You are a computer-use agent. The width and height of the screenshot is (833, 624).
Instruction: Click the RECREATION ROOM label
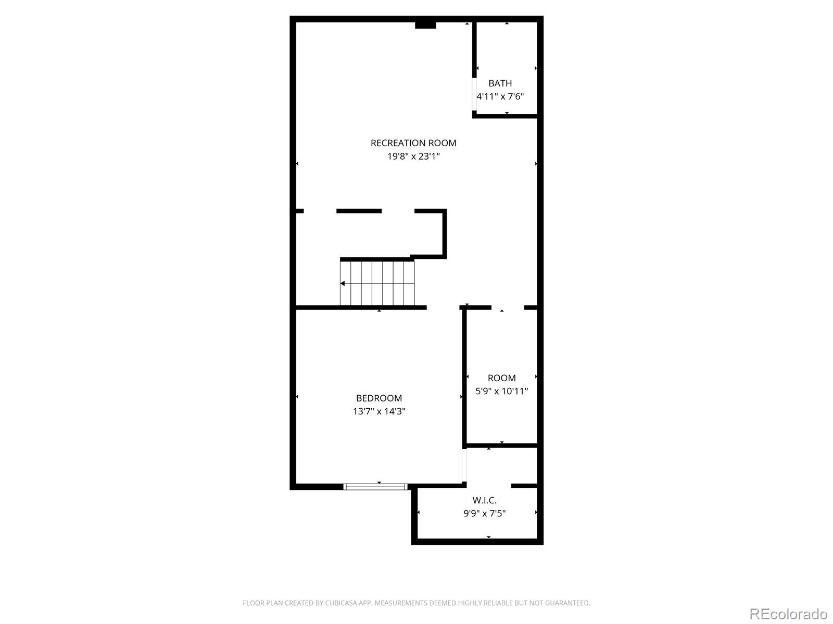pyautogui.click(x=413, y=143)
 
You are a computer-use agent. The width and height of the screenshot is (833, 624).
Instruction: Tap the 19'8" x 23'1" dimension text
pyautogui.click(x=413, y=156)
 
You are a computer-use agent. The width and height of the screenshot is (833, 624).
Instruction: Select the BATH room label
pyautogui.click(x=500, y=83)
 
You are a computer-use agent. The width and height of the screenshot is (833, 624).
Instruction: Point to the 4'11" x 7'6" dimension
pyautogui.click(x=500, y=96)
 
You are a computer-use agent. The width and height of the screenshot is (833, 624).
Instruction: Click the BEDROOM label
pyautogui.click(x=378, y=398)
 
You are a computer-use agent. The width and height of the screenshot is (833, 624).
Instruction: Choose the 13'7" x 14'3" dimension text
pyautogui.click(x=378, y=411)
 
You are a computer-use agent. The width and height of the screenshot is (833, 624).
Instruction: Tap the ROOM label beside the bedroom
pyautogui.click(x=501, y=378)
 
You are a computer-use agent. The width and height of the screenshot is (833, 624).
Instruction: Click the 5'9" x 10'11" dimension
pyautogui.click(x=501, y=391)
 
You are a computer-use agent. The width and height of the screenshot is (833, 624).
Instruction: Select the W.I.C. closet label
pyautogui.click(x=484, y=500)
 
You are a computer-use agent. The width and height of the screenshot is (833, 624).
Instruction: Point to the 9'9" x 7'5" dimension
pyautogui.click(x=484, y=513)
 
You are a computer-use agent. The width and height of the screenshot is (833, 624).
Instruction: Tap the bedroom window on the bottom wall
pyautogui.click(x=375, y=487)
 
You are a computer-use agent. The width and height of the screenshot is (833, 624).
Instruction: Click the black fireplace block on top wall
pyautogui.click(x=425, y=25)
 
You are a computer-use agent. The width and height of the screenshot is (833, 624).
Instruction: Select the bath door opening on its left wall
pyautogui.click(x=474, y=94)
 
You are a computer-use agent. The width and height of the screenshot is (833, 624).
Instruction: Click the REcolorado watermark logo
pyautogui.click(x=788, y=614)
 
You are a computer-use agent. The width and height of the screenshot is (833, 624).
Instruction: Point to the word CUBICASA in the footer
pyautogui.click(x=340, y=603)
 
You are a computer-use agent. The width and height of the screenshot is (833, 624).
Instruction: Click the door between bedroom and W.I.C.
pyautogui.click(x=464, y=465)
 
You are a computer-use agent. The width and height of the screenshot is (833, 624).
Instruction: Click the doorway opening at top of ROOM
pyautogui.click(x=508, y=308)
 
